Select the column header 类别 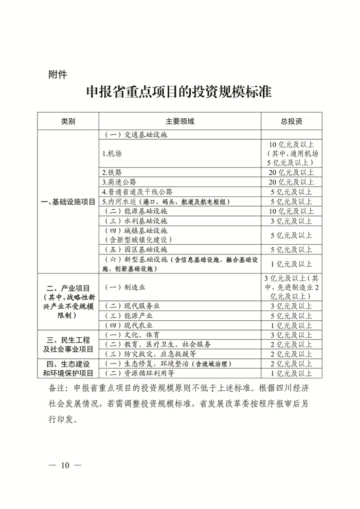click(x=68, y=121)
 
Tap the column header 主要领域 click(x=179, y=121)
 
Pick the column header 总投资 click(x=291, y=121)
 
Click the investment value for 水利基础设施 click(x=291, y=221)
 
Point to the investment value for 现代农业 click(x=291, y=325)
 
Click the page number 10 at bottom click(x=65, y=466)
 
